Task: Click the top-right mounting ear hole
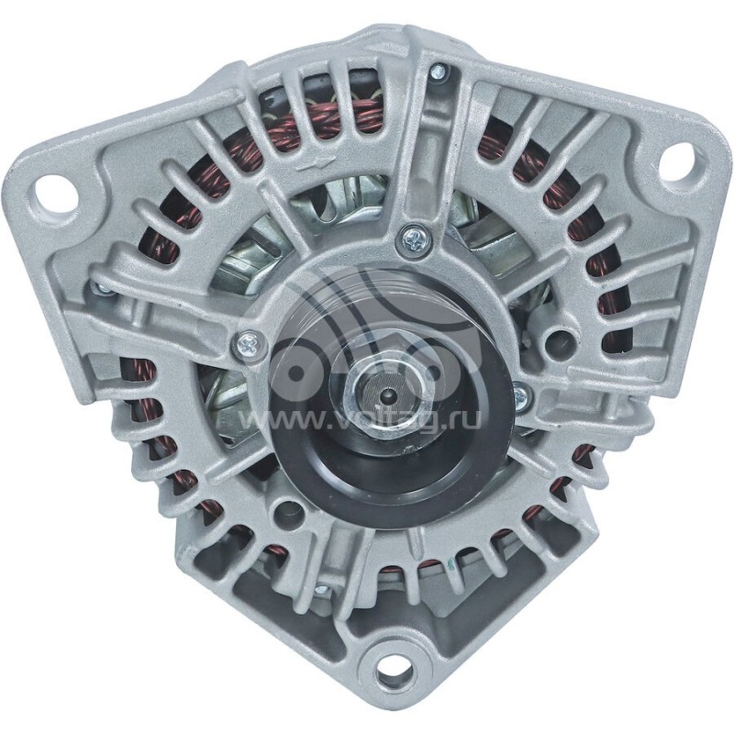675,161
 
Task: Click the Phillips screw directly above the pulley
412,239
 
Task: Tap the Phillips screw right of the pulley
521,396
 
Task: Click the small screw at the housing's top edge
438,72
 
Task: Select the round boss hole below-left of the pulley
292,510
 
